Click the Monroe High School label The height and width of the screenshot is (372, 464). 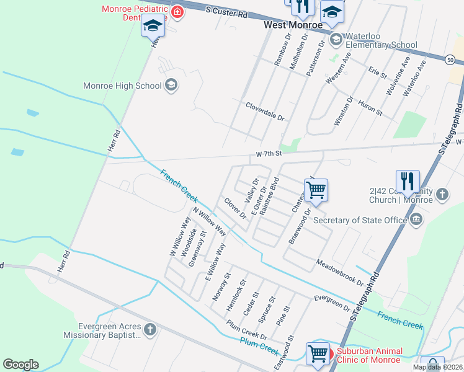[122, 86]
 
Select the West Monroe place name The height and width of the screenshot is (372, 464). [293, 25]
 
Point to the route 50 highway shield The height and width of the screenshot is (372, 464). [449, 60]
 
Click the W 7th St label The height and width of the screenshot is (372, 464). [269, 153]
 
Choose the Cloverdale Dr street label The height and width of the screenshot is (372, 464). [264, 112]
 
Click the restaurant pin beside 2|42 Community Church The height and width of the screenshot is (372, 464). [408, 180]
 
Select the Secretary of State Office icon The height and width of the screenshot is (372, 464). [416, 219]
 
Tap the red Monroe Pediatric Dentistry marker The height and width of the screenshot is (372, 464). [178, 11]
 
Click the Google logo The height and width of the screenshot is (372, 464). [20, 365]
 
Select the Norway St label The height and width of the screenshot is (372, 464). [221, 287]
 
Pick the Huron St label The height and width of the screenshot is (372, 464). [370, 107]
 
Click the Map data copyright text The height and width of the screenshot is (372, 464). [437, 367]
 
